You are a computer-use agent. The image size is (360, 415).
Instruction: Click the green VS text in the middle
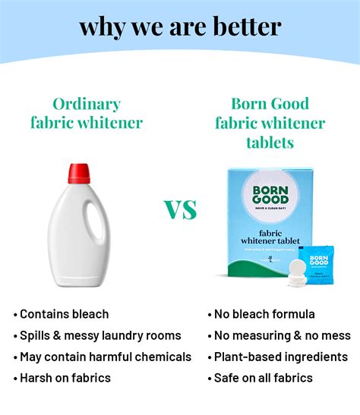(x=181, y=209)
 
